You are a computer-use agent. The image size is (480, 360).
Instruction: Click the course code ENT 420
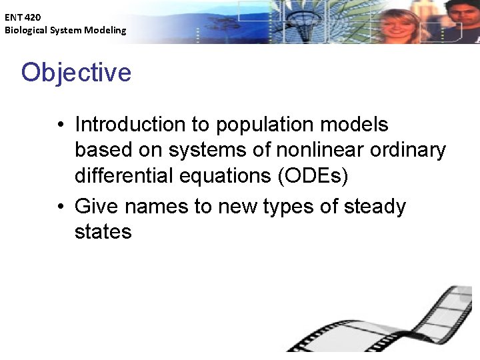[23, 17]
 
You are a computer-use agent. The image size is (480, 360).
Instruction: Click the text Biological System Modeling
[65, 30]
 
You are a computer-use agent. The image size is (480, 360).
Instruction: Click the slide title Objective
[76, 73]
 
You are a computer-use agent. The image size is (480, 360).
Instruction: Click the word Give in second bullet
[97, 207]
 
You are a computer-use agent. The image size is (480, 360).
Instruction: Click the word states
[103, 232]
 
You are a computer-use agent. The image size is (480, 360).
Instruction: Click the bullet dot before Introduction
[60, 125]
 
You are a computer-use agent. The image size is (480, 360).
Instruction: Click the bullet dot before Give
[60, 207]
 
